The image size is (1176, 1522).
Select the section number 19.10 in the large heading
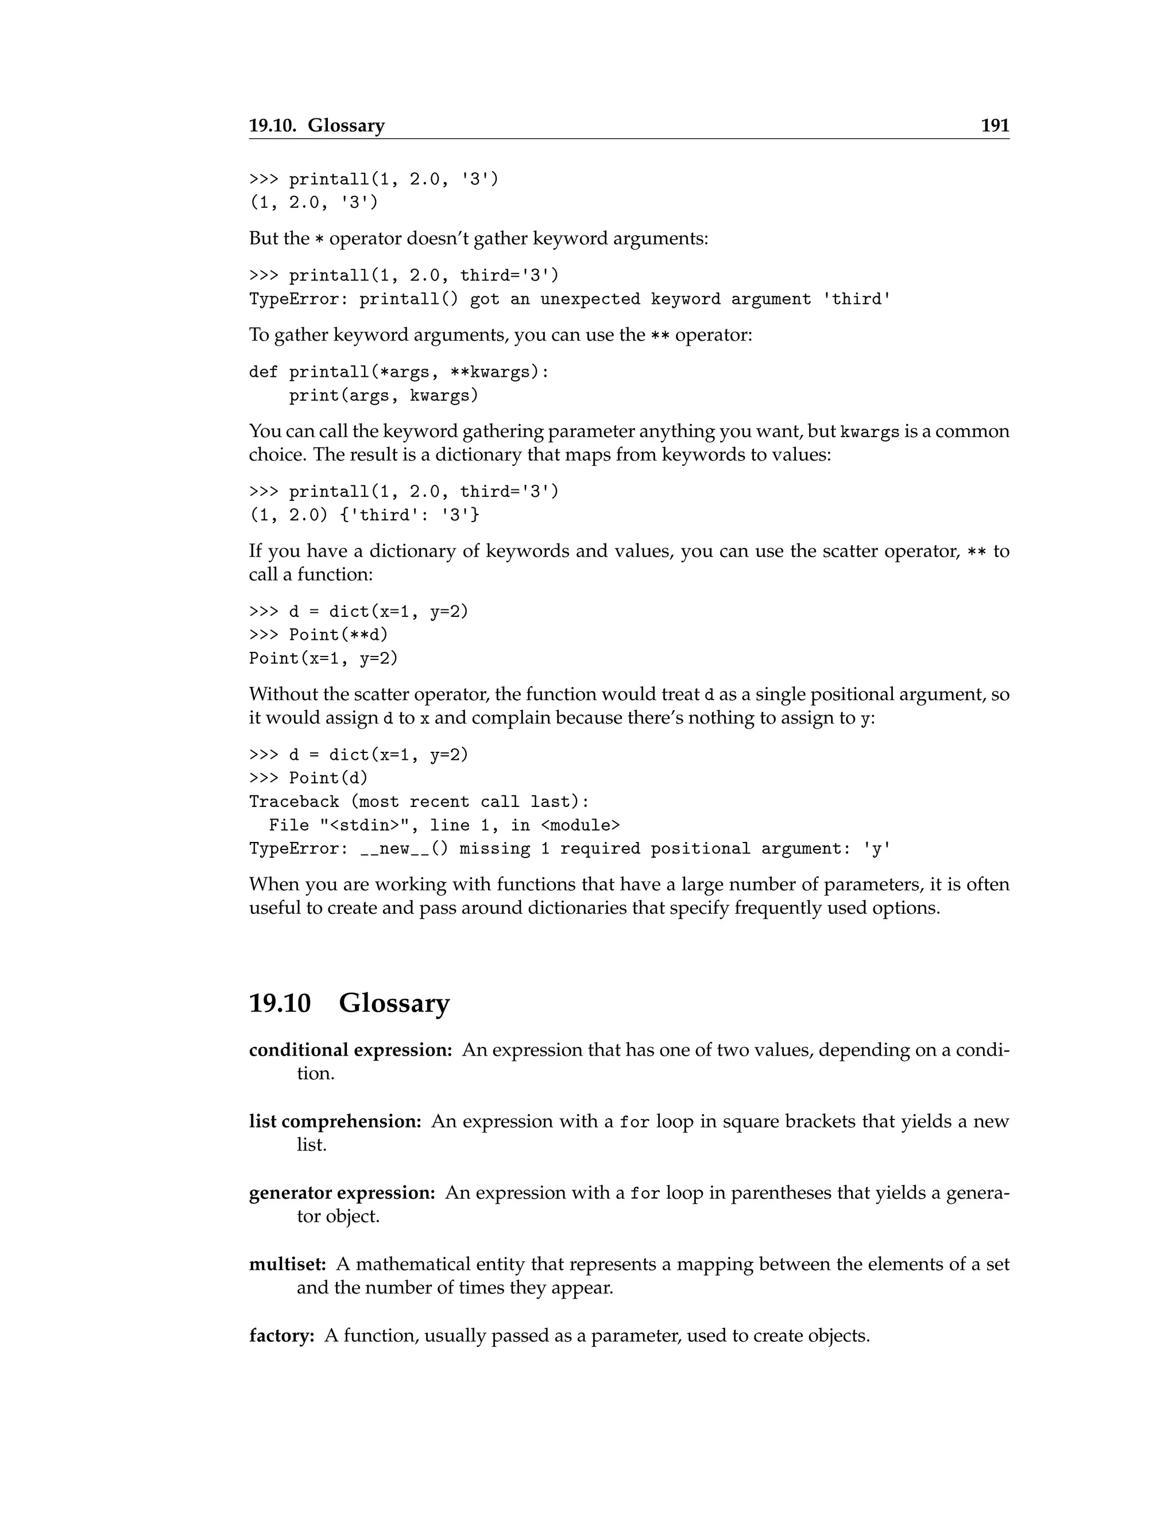pyautogui.click(x=280, y=1003)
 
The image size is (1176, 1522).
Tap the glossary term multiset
pyautogui.click(x=287, y=1264)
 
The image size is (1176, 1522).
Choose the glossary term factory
pyautogui.click(x=281, y=1335)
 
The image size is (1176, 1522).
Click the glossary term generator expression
pyautogui.click(x=342, y=1192)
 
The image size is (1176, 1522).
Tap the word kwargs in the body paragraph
pyautogui.click(x=869, y=432)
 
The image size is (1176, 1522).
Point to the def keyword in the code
pyautogui.click(x=264, y=372)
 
